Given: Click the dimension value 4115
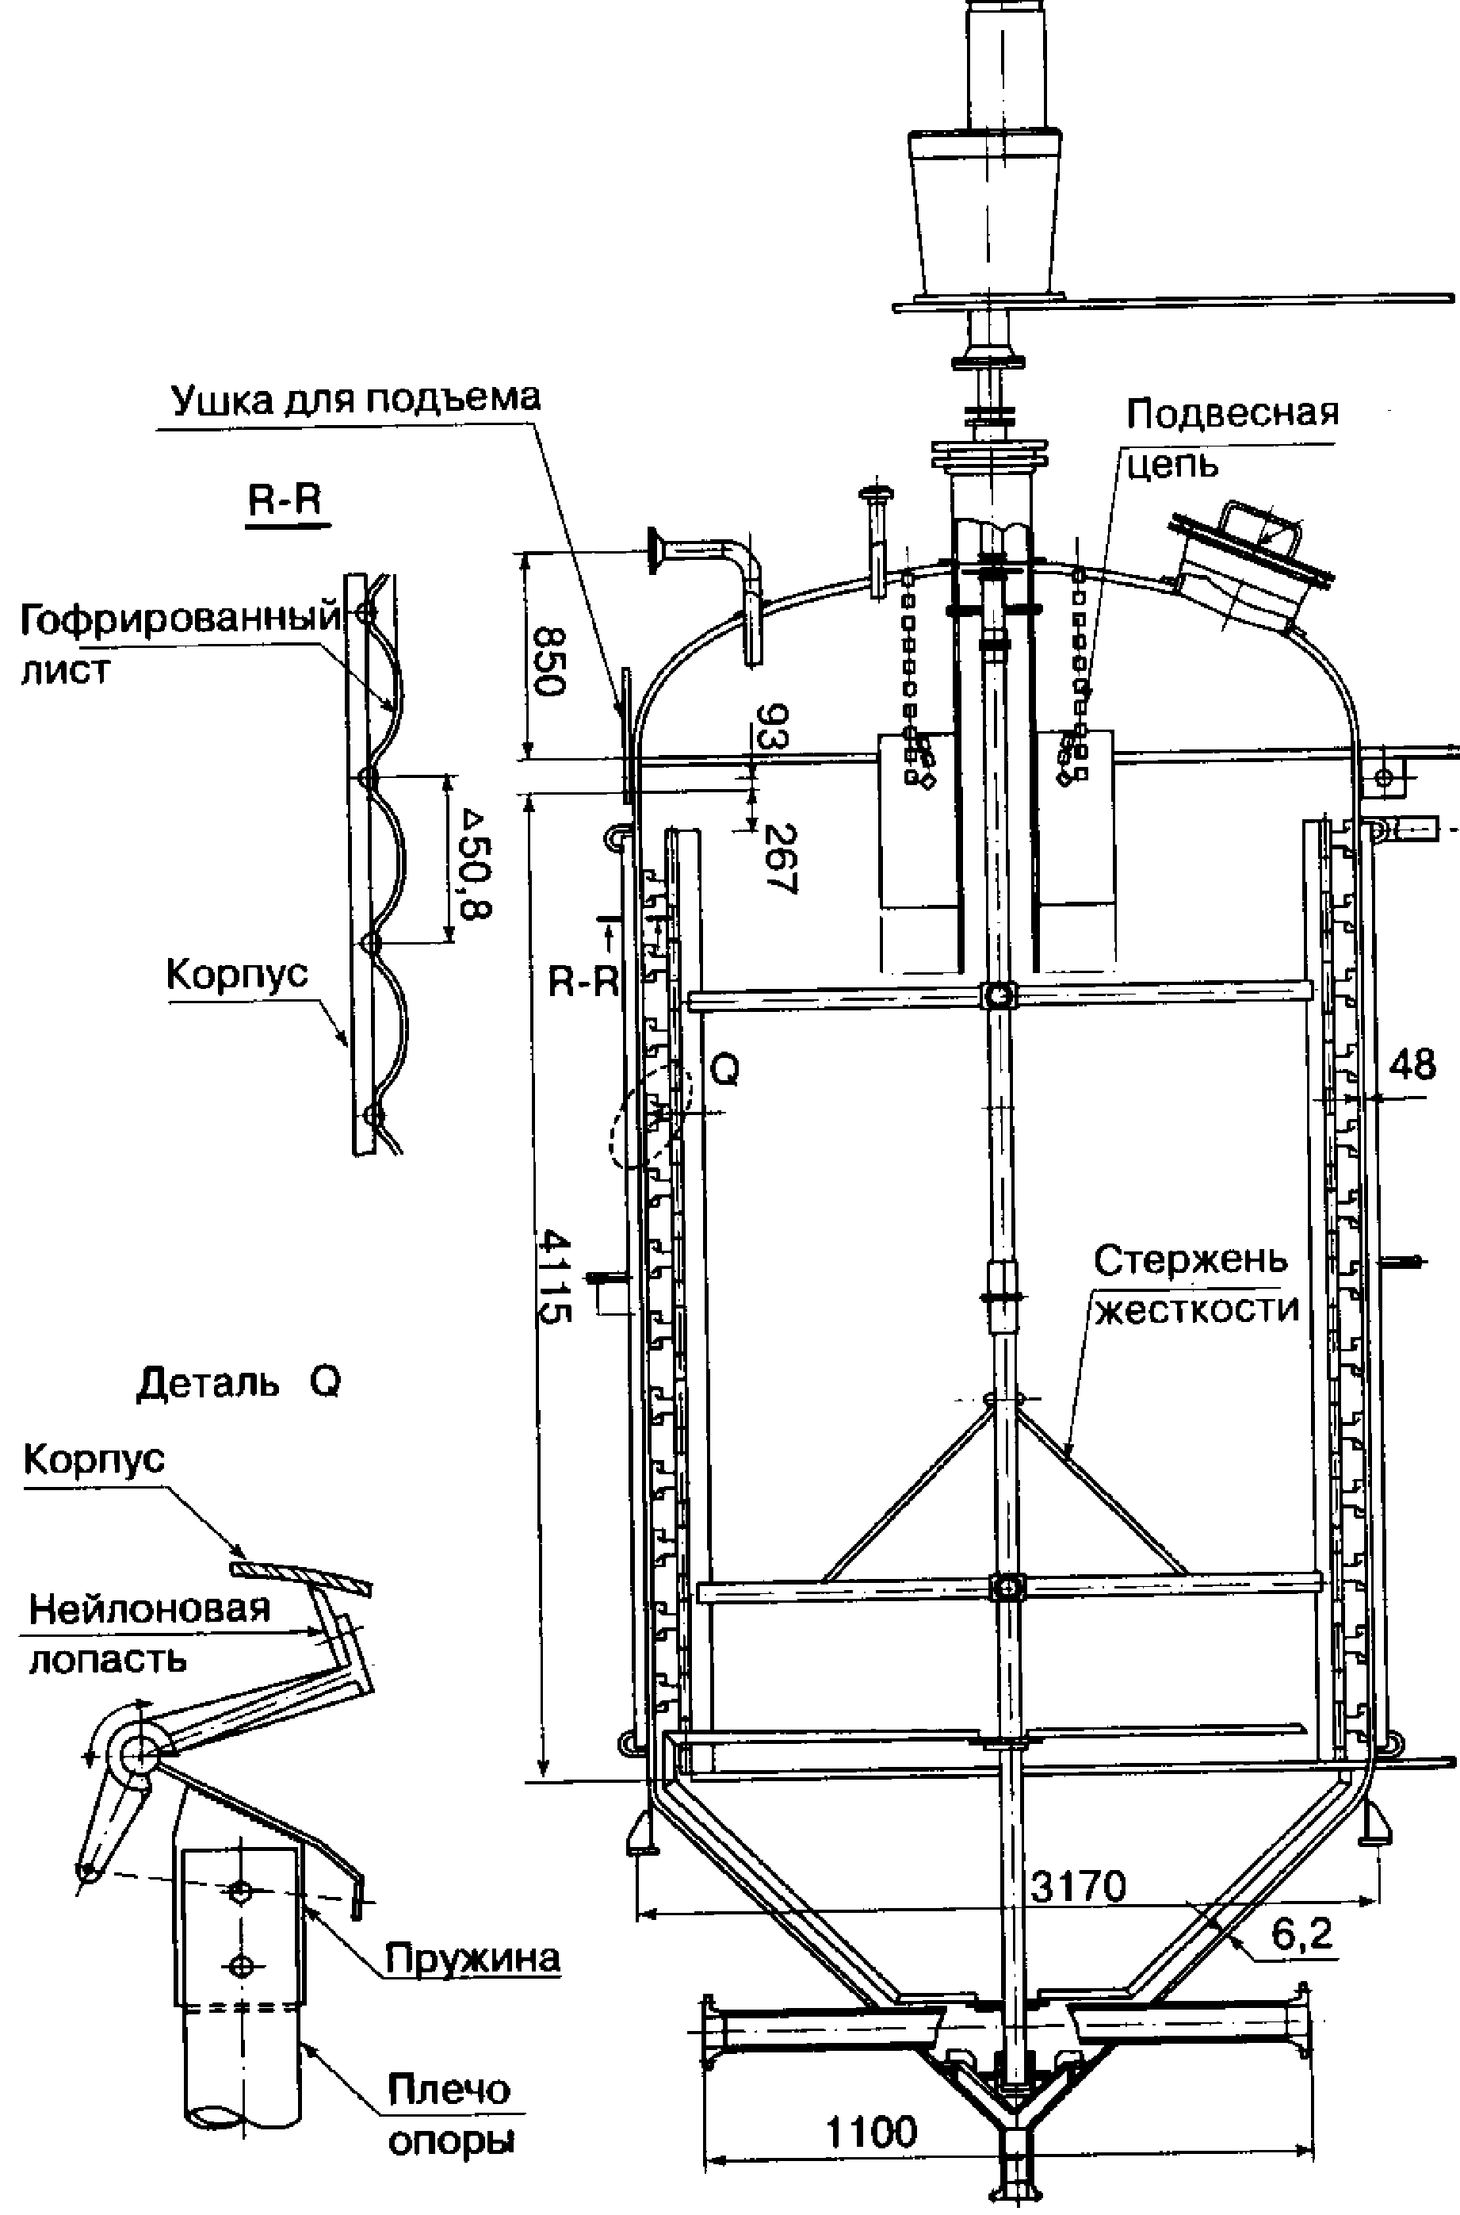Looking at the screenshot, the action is (x=556, y=1275).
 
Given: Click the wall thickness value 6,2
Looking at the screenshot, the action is (x=1302, y=1933).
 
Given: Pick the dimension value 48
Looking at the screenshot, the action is (x=1412, y=1063).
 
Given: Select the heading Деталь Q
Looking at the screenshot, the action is (x=239, y=1382).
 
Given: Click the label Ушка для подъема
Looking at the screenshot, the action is (x=355, y=399).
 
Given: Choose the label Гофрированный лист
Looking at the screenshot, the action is (x=181, y=642).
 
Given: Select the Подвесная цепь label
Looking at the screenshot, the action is (x=1232, y=437).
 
